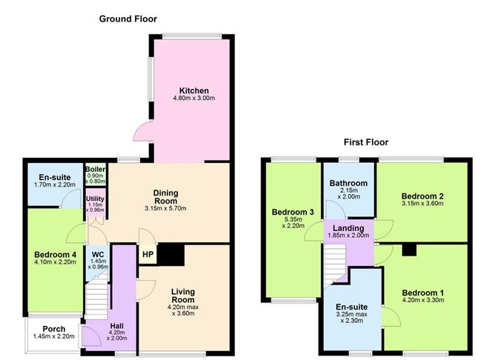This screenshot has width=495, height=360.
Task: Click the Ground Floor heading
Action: (128, 19)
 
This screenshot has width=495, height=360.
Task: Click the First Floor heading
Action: (365, 142)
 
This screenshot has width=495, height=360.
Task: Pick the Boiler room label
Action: (96, 170)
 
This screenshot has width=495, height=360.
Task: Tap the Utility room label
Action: (96, 199)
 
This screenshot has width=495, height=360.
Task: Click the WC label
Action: (97, 253)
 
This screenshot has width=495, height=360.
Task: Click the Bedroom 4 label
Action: (54, 256)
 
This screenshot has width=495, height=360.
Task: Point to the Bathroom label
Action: (348, 184)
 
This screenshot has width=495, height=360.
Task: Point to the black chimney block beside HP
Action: (173, 254)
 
